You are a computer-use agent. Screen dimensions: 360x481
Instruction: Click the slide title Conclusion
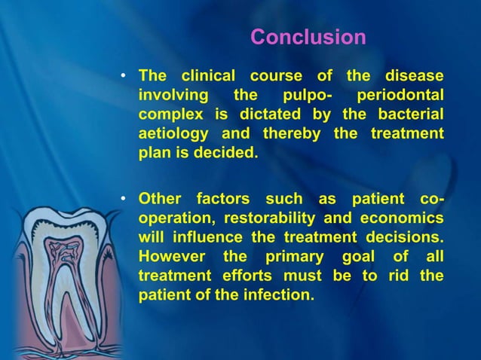pyautogui.click(x=308, y=37)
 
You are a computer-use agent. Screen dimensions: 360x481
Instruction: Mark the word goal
pyautogui.click(x=360, y=258)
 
